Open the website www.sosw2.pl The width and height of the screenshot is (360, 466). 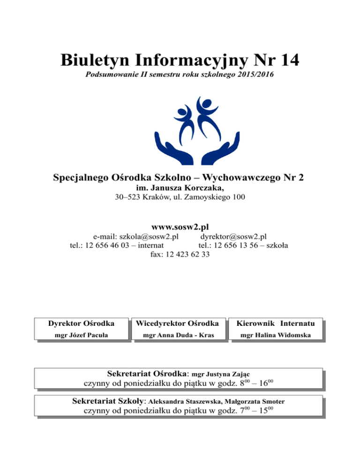(180, 226)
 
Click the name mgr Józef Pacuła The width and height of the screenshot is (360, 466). (82, 335)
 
